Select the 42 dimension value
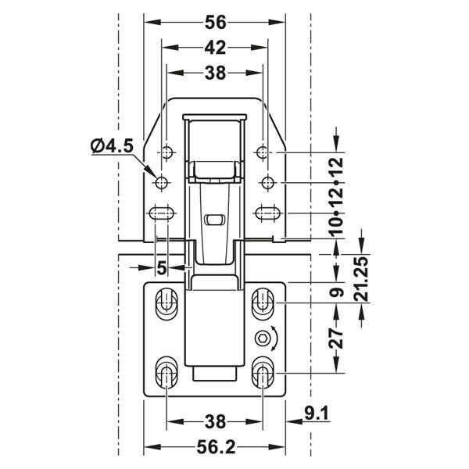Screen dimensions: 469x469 [216, 48]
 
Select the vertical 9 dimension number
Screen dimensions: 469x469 [337, 294]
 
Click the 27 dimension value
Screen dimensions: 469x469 [337, 338]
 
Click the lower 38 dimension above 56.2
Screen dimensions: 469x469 [216, 422]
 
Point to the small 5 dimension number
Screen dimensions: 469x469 [162, 267]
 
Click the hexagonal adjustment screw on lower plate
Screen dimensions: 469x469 [263, 338]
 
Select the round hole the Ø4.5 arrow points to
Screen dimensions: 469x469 [162, 183]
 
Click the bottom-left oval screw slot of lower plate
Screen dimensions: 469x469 [166, 373]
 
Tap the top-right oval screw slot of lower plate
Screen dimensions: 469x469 [263, 302]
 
